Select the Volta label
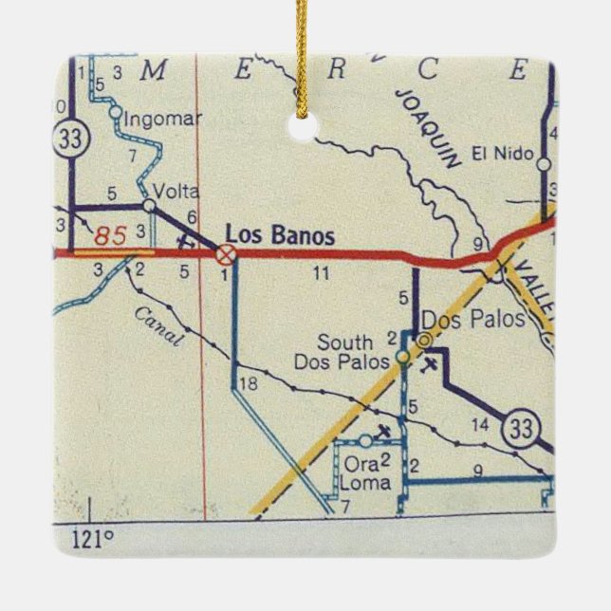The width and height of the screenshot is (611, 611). click(x=171, y=188)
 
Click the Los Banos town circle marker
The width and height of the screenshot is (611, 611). click(x=226, y=253)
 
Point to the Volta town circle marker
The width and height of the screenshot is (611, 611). click(x=149, y=205)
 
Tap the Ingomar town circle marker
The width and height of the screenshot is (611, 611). click(x=115, y=113)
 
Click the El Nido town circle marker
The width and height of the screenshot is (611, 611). click(x=543, y=164)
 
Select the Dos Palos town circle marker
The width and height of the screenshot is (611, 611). click(x=424, y=339)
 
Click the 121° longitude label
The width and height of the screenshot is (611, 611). click(x=92, y=539)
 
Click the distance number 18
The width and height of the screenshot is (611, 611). click(x=249, y=383)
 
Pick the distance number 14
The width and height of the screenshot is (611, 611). click(x=480, y=424)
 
